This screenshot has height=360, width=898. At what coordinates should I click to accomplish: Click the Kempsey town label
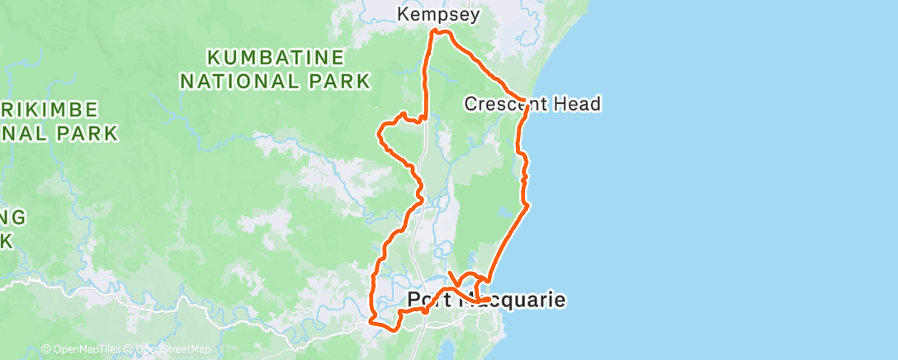pyautogui.click(x=438, y=15)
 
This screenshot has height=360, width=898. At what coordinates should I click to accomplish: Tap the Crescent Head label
pyautogui.click(x=532, y=104)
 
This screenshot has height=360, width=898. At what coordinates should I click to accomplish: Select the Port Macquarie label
pyautogui.click(x=487, y=300)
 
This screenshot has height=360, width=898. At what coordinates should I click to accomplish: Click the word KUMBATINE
pyautogui.click(x=275, y=58)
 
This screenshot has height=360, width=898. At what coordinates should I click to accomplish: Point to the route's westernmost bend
pyautogui.click(x=380, y=132)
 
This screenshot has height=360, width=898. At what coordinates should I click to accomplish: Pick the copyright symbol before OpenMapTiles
pyautogui.click(x=46, y=349)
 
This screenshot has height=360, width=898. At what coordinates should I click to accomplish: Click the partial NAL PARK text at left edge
pyautogui.click(x=58, y=132)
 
